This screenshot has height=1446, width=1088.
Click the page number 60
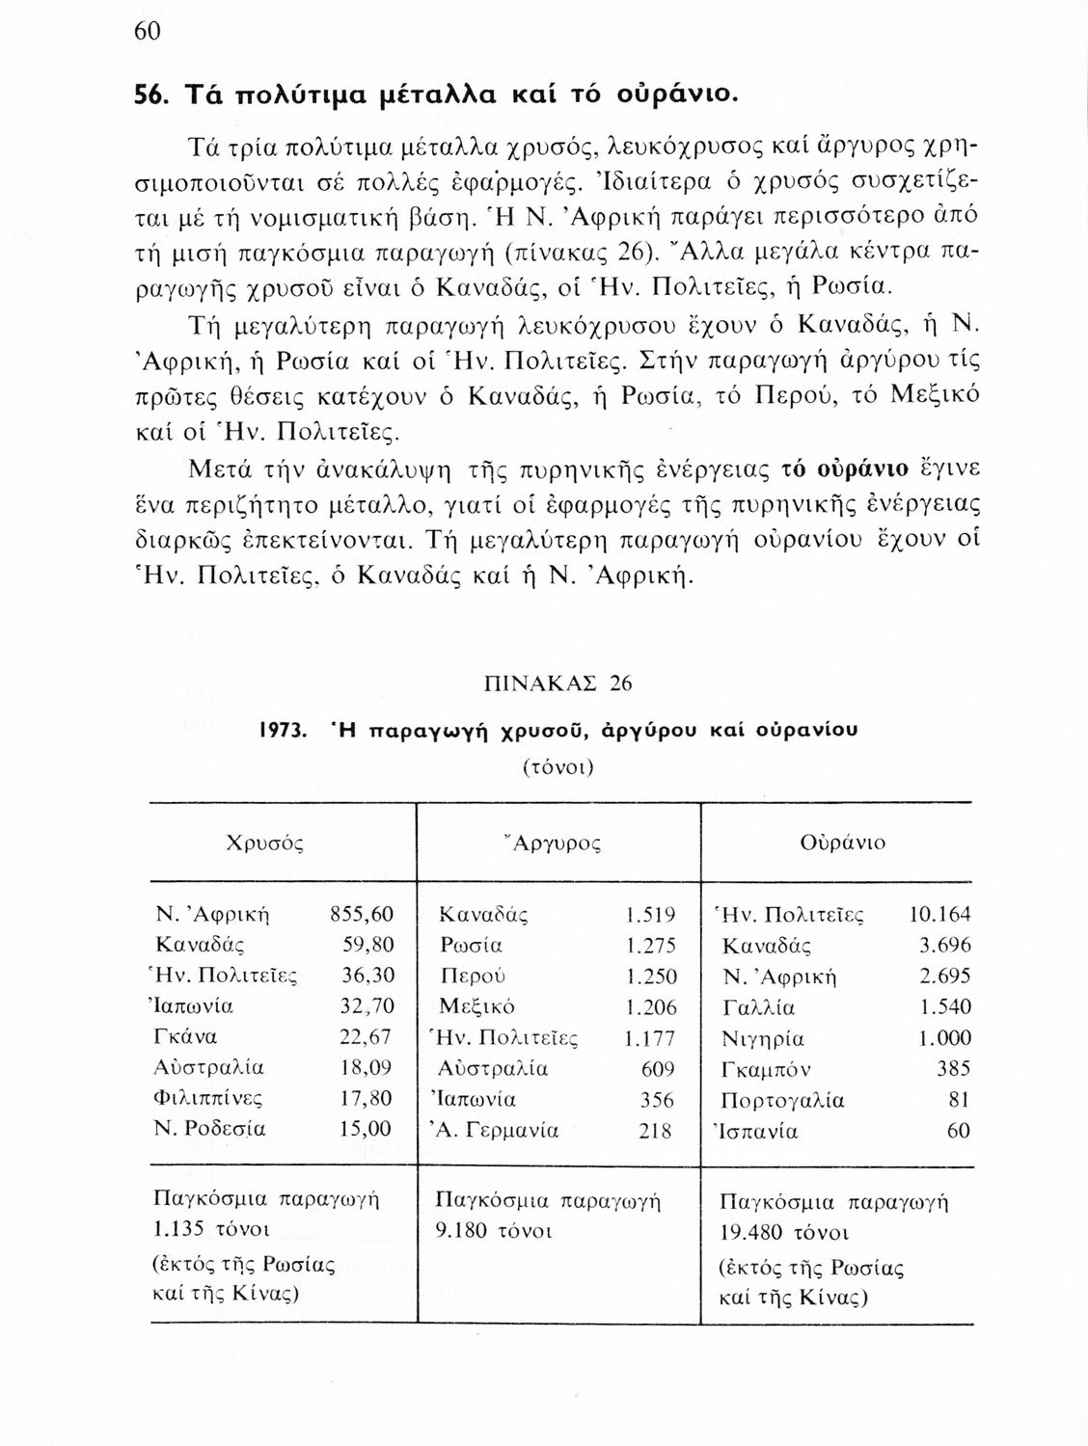coord(146,31)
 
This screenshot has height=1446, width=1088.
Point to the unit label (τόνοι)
coord(558,768)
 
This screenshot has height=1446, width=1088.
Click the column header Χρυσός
coord(264,843)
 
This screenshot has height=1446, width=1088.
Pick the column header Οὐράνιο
coord(842,843)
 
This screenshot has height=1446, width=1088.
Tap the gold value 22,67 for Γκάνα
coord(367,1036)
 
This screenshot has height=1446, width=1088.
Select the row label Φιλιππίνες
coord(208,1098)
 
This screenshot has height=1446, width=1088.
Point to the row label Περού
coord(473,977)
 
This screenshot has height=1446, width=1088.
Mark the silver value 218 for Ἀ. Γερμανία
coord(656,1131)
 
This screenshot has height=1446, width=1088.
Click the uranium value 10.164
coord(940,914)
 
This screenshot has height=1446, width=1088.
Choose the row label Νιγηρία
coord(763,1039)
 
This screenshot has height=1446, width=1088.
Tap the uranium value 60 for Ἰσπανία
coord(958,1131)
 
